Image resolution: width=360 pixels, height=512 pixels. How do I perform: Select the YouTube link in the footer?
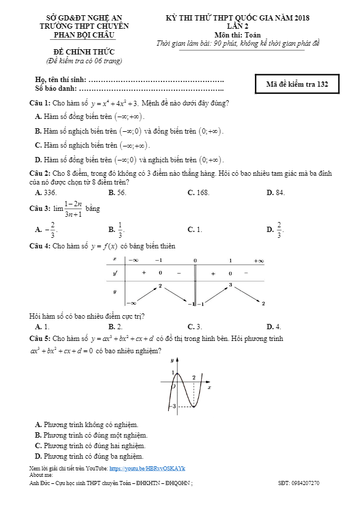pos(147,469)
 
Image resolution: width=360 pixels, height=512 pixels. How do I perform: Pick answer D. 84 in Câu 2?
pos(276,192)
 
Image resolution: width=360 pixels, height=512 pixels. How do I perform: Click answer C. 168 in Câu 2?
pos(198,192)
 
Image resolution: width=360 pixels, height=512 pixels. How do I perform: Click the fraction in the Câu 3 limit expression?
pos(73,209)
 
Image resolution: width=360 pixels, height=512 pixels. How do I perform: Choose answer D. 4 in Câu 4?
pos(274,326)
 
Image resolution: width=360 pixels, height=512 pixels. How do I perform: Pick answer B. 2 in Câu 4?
pos(115,326)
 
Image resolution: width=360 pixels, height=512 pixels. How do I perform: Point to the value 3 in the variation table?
pos(230,285)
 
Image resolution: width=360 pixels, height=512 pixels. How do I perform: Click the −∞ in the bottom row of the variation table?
pos(131,303)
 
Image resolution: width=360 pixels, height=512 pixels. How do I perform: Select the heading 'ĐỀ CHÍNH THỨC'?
pos(80,52)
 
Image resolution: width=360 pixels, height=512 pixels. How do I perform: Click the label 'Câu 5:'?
pos(40,339)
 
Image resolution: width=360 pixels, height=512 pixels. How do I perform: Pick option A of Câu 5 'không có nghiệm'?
pos(86,425)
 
